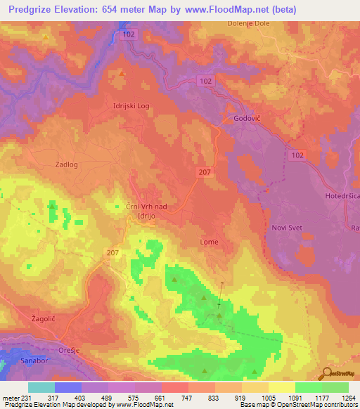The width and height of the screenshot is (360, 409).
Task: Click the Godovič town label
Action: (248, 119)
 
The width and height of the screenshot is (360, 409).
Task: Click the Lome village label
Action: (210, 242)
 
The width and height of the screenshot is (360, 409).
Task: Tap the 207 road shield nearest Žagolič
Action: (114, 252)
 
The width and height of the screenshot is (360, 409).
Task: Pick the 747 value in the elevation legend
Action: (187, 397)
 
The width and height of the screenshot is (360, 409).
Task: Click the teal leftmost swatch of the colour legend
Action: (41, 387)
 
